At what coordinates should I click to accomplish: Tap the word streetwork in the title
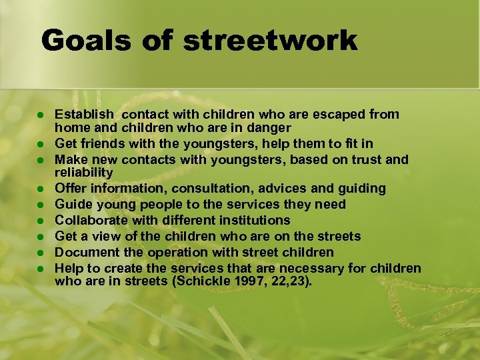click(x=271, y=41)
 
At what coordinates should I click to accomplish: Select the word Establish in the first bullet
click(x=84, y=115)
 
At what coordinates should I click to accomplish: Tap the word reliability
click(x=85, y=172)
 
